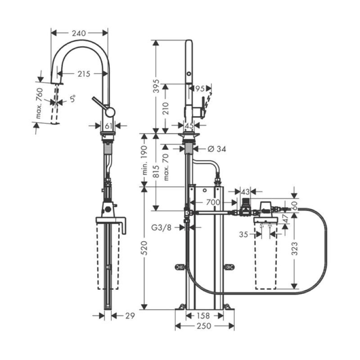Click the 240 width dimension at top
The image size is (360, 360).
coord(79,33)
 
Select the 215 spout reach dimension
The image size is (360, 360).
coord(84,74)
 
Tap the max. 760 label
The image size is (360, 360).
coord(40,103)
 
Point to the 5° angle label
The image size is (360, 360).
coord(72,99)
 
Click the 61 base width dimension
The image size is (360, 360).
coord(108,126)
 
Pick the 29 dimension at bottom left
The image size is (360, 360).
coord(130,316)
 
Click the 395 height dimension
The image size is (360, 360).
coord(156,86)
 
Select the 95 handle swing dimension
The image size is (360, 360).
coord(200,88)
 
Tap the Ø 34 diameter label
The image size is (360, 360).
coord(216,149)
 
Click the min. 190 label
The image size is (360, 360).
coord(144,160)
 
